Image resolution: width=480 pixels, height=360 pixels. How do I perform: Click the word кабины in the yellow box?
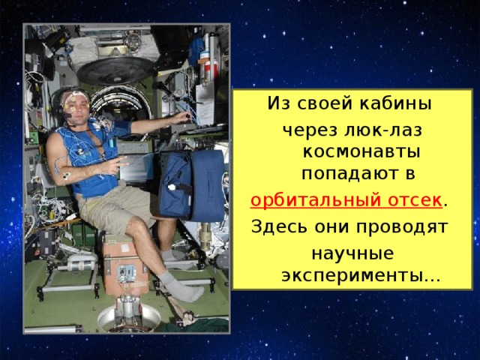tap(395, 103)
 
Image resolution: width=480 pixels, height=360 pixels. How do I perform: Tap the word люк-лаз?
tap(383, 130)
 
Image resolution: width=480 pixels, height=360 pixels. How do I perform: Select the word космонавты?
tap(361, 152)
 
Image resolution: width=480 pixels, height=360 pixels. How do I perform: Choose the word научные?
tap(352, 253)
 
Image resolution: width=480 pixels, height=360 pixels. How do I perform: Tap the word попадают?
tap(345, 174)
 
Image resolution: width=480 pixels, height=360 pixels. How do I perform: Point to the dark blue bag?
tap(192, 184)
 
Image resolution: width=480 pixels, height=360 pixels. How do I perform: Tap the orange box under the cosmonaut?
tap(125, 263)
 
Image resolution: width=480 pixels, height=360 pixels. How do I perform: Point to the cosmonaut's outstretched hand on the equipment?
tap(184, 117)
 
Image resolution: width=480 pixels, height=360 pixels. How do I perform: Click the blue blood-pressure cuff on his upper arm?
tap(121, 127)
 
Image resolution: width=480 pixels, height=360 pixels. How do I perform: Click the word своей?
tap(325, 103)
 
